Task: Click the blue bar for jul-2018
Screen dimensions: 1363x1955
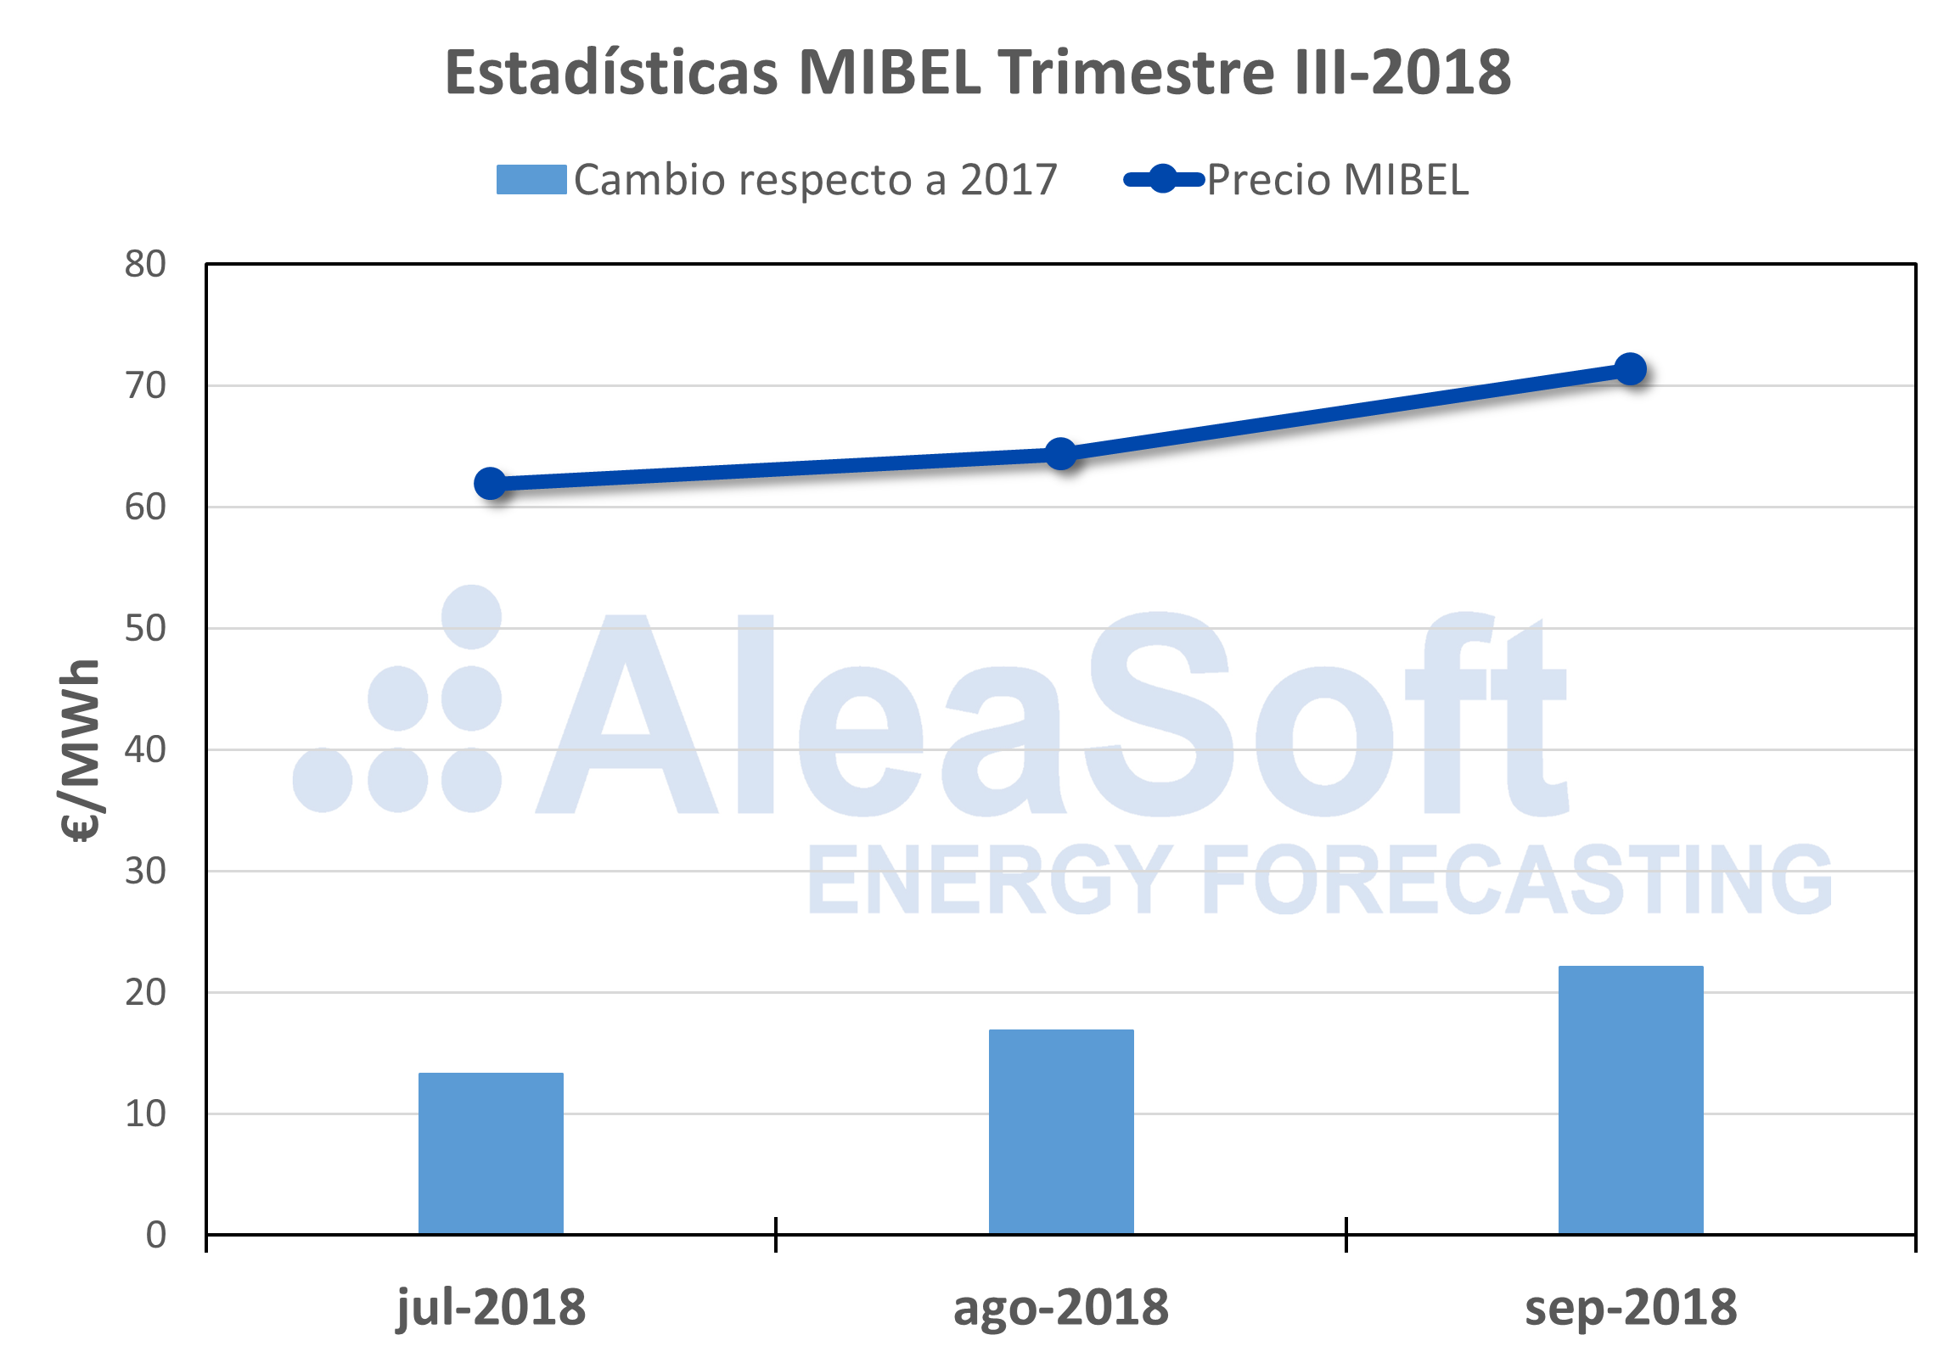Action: (x=491, y=1153)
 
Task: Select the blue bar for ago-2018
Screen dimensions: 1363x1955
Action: (x=1061, y=1131)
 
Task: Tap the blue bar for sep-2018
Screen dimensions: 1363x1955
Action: (x=1631, y=1099)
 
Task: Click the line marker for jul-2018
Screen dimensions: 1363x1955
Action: (x=491, y=484)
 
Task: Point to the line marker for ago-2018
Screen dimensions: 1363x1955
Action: (x=1061, y=454)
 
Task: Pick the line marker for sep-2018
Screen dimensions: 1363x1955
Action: (x=1631, y=368)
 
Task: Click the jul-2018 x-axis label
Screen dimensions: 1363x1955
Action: (x=492, y=1308)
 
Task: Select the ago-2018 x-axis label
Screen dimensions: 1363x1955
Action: (x=1061, y=1308)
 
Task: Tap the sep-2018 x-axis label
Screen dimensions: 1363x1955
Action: (x=1631, y=1308)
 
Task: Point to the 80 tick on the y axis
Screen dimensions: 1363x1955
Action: (x=146, y=265)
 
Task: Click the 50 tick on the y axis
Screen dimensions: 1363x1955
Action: (x=146, y=628)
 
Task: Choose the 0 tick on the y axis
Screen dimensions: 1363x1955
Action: (x=156, y=1235)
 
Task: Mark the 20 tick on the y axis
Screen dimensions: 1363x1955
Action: (x=146, y=993)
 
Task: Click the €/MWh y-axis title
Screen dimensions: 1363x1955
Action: (x=81, y=749)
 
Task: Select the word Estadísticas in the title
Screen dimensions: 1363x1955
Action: (x=611, y=72)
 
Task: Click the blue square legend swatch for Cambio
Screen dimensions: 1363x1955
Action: (x=531, y=180)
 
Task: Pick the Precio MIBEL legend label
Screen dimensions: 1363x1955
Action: (x=1338, y=181)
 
